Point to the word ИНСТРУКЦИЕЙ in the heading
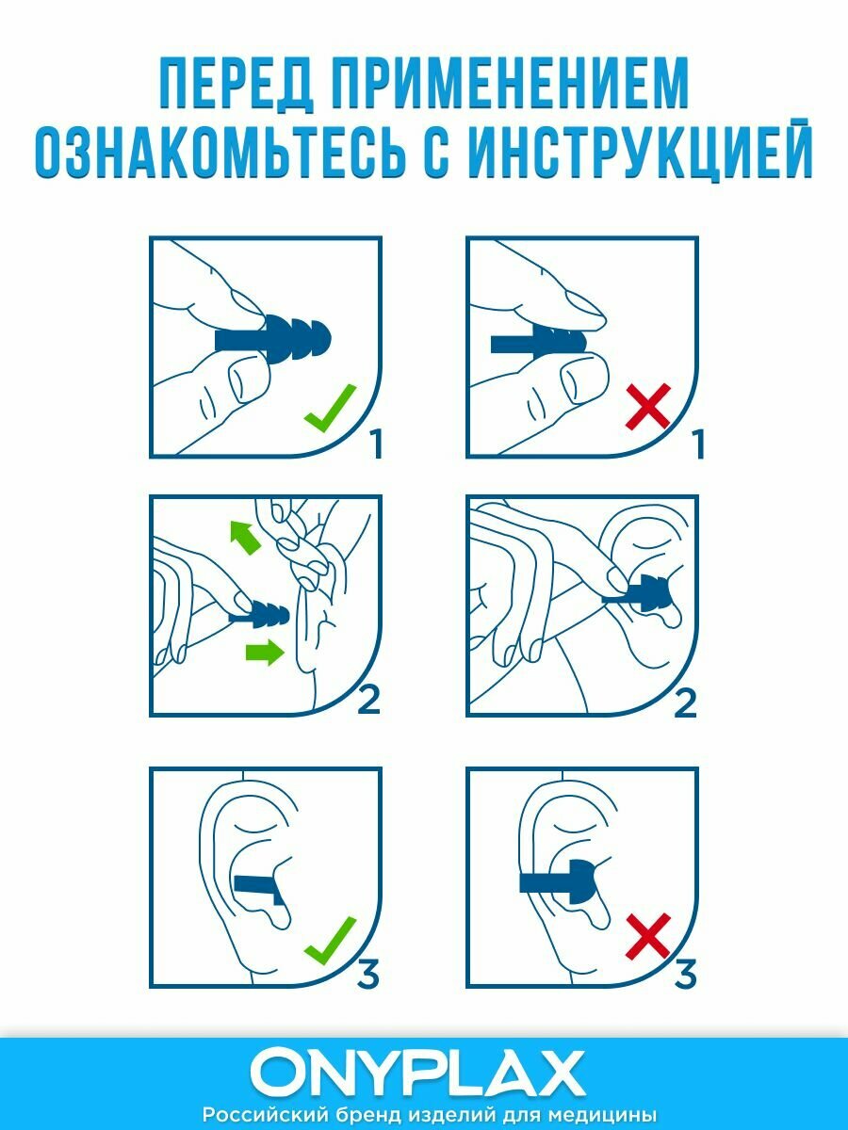[x=641, y=149]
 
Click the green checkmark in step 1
[x=330, y=409]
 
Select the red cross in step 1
[x=647, y=406]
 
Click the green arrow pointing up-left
[x=245, y=537]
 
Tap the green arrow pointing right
[x=265, y=653]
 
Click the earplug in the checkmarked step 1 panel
[x=273, y=341]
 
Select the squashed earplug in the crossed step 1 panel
[x=539, y=341]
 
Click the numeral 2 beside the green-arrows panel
[x=368, y=701]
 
